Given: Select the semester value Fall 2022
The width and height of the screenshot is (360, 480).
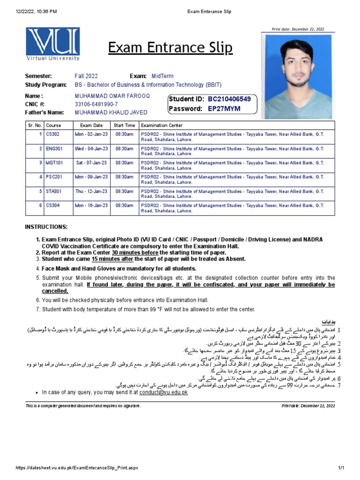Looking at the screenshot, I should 88,76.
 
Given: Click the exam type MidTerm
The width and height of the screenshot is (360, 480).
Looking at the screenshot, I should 162,76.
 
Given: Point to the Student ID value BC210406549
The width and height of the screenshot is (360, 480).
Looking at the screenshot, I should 229,99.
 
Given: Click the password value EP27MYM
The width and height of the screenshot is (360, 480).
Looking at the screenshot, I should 224,109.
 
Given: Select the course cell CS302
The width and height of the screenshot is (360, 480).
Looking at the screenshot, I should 53,135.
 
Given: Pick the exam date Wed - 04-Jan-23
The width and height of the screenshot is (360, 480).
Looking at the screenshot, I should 91,149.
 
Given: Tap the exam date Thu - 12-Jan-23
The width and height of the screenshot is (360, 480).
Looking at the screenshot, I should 91,191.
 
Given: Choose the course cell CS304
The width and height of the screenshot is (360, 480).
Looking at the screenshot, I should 53,205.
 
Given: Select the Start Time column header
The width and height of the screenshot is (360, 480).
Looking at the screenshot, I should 124,126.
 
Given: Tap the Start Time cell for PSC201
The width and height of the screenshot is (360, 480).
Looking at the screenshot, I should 124,177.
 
